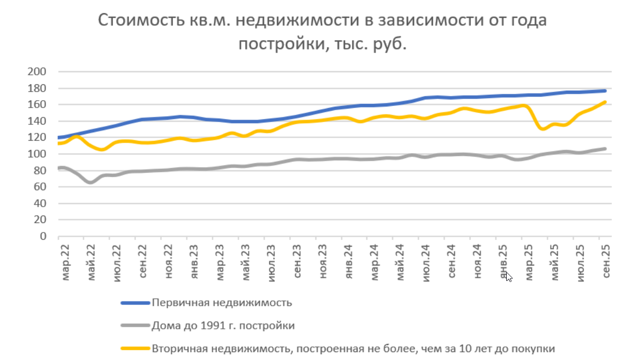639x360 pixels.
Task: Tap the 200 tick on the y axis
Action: pos(40,72)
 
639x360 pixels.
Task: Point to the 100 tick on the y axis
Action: pos(40,154)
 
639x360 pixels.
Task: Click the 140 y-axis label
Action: pos(40,121)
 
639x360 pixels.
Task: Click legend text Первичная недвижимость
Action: pos(222,303)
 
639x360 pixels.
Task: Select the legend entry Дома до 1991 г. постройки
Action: pos(223,325)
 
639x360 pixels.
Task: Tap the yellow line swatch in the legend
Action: pos(135,348)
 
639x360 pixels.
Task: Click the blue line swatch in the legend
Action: pos(135,303)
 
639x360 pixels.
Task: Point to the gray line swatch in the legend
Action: pos(135,325)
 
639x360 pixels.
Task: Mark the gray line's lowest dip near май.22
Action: pos(91,182)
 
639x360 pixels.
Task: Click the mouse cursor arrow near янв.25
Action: pos(508,276)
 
